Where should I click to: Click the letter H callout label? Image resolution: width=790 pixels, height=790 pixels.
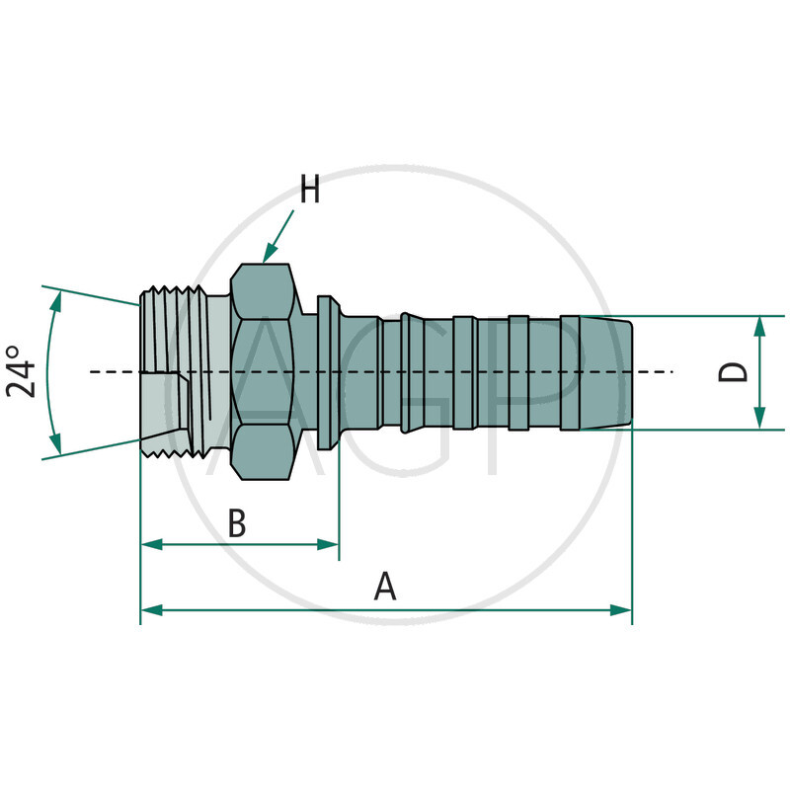pos(310,190)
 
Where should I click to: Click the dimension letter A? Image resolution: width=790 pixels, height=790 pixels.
pos(385,588)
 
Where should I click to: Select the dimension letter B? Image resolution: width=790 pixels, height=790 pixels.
pos(237,523)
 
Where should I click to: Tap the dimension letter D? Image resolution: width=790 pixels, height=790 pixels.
pos(732,372)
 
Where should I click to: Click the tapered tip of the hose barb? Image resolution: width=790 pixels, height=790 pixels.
pos(618,372)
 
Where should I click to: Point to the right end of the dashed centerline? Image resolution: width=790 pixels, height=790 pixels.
pos(671,371)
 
